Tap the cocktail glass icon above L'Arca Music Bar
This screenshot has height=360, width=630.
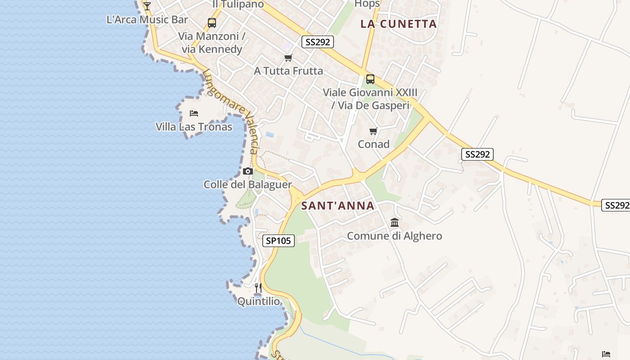pyautogui.click(x=147, y=6)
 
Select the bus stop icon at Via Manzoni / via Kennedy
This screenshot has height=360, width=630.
pyautogui.click(x=211, y=22)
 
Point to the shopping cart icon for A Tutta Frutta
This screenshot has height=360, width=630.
pyautogui.click(x=288, y=58)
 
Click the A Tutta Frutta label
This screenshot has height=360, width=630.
pyautogui.click(x=288, y=71)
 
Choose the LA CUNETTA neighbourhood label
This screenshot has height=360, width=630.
pyautogui.click(x=399, y=24)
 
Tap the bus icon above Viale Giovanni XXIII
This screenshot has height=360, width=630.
pyautogui.click(x=370, y=79)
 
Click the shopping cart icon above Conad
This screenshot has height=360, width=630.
pyautogui.click(x=373, y=131)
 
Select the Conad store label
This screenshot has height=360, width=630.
pyautogui.click(x=373, y=144)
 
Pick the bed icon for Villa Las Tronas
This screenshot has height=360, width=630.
pyautogui.click(x=194, y=113)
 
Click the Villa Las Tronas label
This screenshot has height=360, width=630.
pyautogui.click(x=194, y=127)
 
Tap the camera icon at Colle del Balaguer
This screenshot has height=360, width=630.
pyautogui.click(x=247, y=171)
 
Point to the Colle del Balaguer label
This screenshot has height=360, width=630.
pyautogui.click(x=247, y=185)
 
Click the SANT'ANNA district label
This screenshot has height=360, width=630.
pyautogui.click(x=337, y=206)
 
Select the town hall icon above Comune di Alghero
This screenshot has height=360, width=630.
pyautogui.click(x=395, y=222)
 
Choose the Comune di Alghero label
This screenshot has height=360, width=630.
pyautogui.click(x=395, y=236)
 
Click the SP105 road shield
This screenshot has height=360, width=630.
pyautogui.click(x=279, y=241)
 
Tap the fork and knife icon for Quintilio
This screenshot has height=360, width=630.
pyautogui.click(x=258, y=288)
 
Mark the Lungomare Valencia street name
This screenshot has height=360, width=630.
pyautogui.click(x=232, y=111)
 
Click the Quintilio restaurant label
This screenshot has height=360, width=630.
pyautogui.click(x=259, y=301)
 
